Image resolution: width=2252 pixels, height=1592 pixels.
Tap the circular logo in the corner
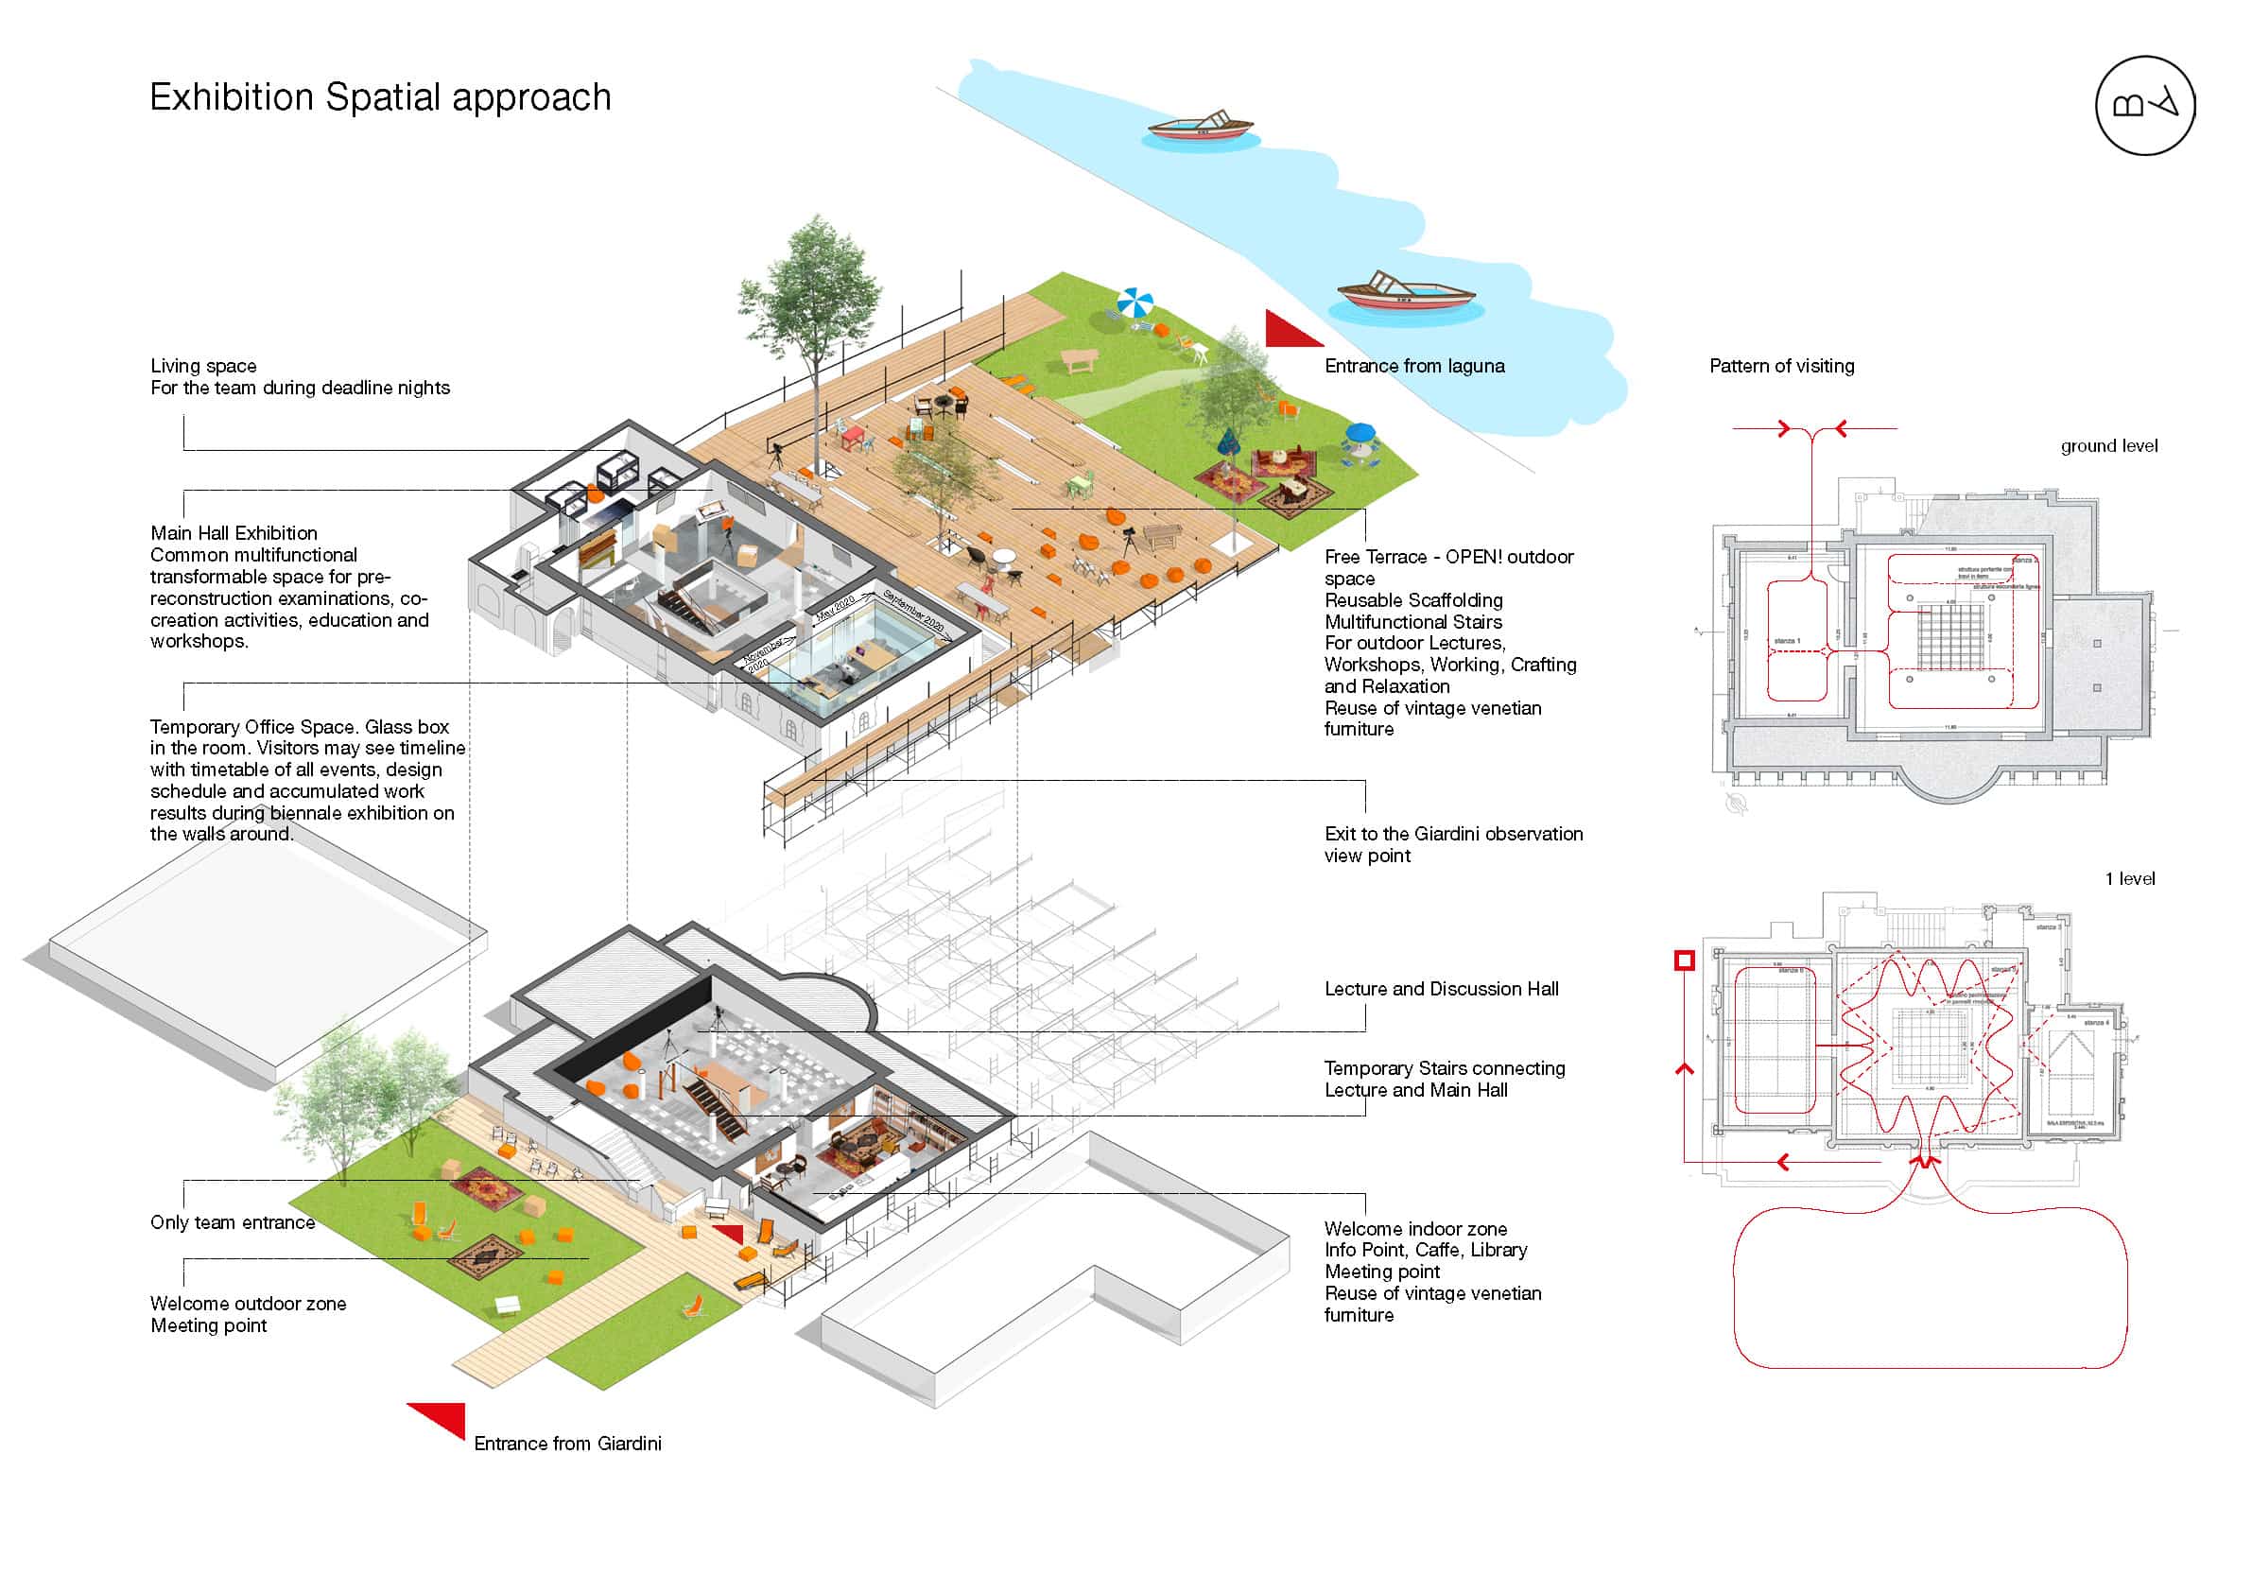pyautogui.click(x=2144, y=105)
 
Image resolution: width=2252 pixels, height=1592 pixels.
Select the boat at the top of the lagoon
pyautogui.click(x=1201, y=127)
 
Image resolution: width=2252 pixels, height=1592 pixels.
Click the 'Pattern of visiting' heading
pyautogui.click(x=1781, y=366)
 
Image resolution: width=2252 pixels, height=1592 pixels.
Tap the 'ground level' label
pyautogui.click(x=2109, y=446)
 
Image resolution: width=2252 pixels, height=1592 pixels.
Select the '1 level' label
pyautogui.click(x=2129, y=879)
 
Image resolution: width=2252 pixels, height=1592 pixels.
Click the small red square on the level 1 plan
pyautogui.click(x=1684, y=960)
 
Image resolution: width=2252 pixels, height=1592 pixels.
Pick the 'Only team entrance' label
pyautogui.click(x=233, y=1222)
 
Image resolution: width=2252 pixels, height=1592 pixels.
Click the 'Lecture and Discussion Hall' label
pyautogui.click(x=1441, y=989)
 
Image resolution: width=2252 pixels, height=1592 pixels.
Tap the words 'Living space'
pyautogui.click(x=203, y=366)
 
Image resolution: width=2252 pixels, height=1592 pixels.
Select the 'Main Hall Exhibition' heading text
pyautogui.click(x=234, y=533)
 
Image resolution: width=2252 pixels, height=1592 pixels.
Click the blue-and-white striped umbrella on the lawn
pyautogui.click(x=1135, y=302)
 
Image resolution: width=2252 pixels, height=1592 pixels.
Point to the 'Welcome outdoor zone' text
pyautogui.click(x=248, y=1304)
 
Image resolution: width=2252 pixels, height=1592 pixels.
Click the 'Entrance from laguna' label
pyautogui.click(x=1414, y=366)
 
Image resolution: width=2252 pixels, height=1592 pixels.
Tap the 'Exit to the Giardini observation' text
pyautogui.click(x=1452, y=834)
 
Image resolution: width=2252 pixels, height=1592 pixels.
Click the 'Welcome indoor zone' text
pyautogui.click(x=1415, y=1229)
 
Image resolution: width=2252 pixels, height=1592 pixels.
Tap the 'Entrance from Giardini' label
pyautogui.click(x=567, y=1444)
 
